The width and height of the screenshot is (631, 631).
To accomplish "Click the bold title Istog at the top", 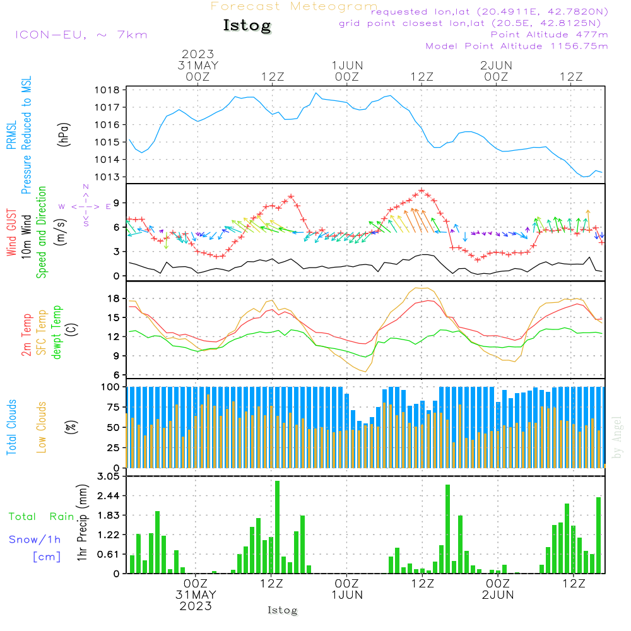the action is tap(247, 25).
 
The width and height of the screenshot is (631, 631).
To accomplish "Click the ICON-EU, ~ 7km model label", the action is tap(81, 35).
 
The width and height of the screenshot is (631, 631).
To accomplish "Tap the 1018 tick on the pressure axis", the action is tap(107, 90).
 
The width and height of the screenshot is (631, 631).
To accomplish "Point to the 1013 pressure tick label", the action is tap(107, 177).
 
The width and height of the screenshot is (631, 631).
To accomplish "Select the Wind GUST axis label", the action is tap(11, 232).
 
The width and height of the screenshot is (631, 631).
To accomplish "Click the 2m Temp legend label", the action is tap(26, 335).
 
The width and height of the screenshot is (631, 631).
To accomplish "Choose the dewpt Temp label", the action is tap(56, 332).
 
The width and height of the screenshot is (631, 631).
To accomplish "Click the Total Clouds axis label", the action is tap(11, 427).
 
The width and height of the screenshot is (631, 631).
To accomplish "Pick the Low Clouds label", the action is tap(42, 427).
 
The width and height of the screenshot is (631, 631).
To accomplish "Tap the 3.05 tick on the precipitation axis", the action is tap(109, 476).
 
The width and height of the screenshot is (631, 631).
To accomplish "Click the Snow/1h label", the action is tap(35, 540).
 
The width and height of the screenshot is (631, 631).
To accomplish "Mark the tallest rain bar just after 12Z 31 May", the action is tap(277, 527).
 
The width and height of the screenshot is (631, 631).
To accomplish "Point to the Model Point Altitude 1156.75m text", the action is tap(517, 46).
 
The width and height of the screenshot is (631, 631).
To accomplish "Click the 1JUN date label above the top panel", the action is tap(347, 66).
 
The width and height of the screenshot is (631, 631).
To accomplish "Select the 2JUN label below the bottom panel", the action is tap(498, 595).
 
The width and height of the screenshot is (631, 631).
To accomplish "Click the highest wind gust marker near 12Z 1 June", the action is tap(422, 191).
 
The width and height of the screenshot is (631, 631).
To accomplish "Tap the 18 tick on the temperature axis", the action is tap(114, 298).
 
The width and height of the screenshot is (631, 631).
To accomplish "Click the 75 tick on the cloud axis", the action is tap(114, 407).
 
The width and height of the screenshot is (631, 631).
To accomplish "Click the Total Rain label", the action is tap(42, 517).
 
